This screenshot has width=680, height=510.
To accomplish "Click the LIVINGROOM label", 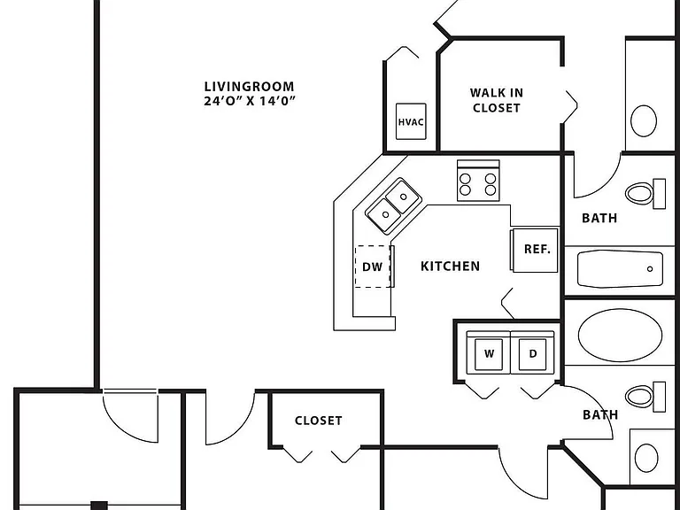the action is coord(249,86).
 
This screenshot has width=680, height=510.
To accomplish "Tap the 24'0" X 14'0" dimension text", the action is coord(250,101).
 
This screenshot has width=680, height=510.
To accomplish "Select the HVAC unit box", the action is coord(411,121).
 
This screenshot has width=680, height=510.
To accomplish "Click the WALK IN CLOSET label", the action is coord(496,100).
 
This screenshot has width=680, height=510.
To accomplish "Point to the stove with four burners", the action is coord(478,181).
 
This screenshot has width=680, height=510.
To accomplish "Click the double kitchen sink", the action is coord(394,206).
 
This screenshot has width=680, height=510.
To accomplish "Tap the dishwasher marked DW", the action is coord(373,267).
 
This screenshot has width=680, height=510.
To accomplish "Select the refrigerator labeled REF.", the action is coord(534,251).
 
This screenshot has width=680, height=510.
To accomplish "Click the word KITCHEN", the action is coord(450,266).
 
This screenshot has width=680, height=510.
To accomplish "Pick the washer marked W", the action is coord(489,352).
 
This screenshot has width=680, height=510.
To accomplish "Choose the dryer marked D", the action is coord(532,352).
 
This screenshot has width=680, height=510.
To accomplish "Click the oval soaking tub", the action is coord(620,335).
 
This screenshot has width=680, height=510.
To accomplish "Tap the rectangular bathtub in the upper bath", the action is coord(620,269).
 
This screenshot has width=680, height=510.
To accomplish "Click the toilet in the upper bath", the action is coord(645,193).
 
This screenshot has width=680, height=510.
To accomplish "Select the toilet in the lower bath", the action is coord(645,397).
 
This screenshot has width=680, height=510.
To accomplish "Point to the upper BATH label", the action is coord(599,218).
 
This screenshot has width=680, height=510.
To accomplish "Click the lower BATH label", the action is coord(600,414).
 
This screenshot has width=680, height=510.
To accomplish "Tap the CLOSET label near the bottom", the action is coord(319,421).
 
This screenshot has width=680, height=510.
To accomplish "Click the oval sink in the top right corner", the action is coord(644,120).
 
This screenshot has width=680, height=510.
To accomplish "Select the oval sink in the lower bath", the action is coord(646,458).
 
